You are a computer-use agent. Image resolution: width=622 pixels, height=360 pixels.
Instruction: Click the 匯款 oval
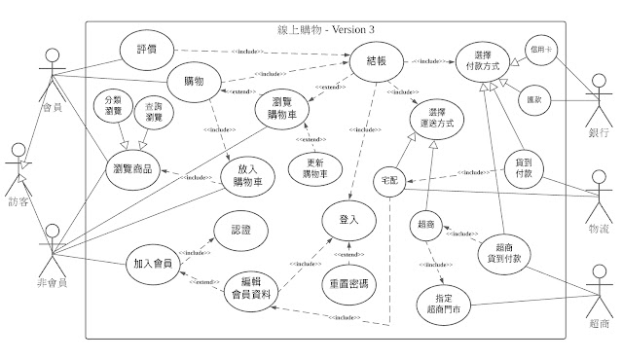536,99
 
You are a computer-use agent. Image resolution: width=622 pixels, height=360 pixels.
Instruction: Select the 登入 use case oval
348,221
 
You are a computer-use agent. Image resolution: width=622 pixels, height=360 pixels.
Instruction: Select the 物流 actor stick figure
598,191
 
